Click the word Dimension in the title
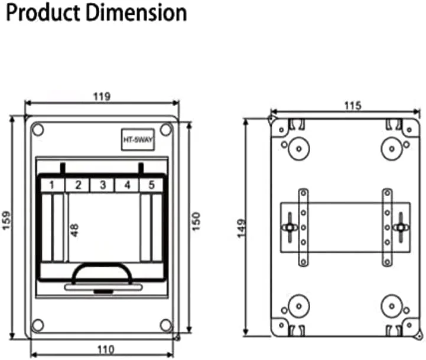(x=137, y=12)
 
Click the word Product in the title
(x=43, y=13)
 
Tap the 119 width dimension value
(x=102, y=96)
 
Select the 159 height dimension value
(x=6, y=220)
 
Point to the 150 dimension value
(x=196, y=221)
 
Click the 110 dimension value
(x=106, y=349)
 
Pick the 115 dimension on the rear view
(x=353, y=105)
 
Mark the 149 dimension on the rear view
(x=241, y=228)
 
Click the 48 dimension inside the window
(x=74, y=230)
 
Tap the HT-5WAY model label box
(x=138, y=139)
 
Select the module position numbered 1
(x=52, y=185)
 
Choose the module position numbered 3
(x=102, y=185)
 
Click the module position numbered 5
(x=151, y=185)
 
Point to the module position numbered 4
(x=127, y=185)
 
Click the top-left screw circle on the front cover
(x=38, y=130)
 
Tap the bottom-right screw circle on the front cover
(x=165, y=325)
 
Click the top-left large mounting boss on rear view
(x=299, y=149)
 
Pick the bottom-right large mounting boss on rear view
(x=392, y=306)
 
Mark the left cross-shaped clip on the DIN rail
(x=290, y=227)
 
